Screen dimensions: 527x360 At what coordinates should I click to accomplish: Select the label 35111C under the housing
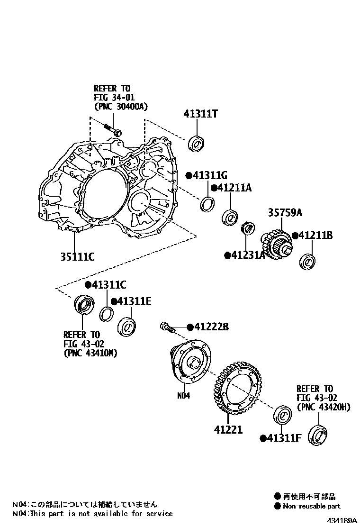(x=77, y=256)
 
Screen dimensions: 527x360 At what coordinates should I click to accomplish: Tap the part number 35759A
(x=285, y=213)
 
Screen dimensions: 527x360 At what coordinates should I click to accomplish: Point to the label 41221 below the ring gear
(x=228, y=430)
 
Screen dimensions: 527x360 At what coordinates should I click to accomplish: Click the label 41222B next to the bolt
(x=211, y=327)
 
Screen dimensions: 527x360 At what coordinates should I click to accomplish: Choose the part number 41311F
(x=284, y=438)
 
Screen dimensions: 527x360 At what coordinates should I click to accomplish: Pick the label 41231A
(x=247, y=255)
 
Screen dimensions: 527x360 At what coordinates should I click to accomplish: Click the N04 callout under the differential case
(x=183, y=396)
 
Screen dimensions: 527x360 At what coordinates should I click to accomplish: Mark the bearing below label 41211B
(x=309, y=261)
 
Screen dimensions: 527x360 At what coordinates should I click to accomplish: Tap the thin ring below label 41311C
(x=107, y=314)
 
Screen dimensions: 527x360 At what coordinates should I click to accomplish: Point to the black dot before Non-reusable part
(x=278, y=506)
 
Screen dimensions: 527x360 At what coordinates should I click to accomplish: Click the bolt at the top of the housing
(x=112, y=129)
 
